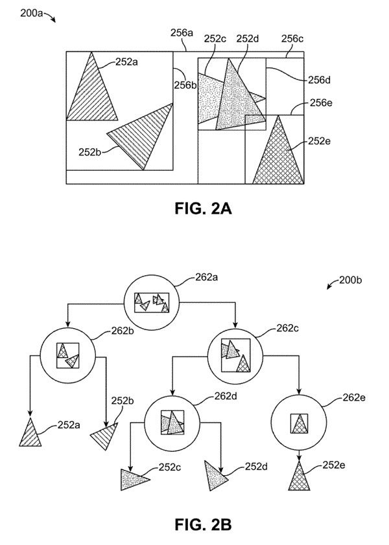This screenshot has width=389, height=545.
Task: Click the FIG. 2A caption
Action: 203,208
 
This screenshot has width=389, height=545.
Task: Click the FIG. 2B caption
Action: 203,524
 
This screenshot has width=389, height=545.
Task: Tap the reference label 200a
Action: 31,14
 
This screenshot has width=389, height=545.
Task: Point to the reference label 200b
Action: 350,280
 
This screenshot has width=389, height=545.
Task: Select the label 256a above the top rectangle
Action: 182,33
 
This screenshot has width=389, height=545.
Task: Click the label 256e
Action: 321,102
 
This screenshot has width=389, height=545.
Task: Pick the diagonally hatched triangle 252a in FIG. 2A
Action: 92,94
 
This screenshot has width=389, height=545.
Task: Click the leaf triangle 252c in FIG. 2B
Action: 134,480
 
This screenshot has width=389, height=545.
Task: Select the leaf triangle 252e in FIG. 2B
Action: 299,478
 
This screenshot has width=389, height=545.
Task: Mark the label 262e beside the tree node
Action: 354,397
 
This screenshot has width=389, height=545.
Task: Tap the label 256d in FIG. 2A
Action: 320,80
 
